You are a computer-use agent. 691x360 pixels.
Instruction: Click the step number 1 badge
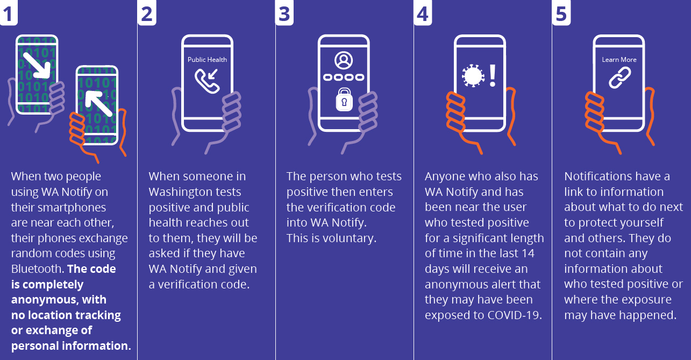pyautogui.click(x=8, y=13)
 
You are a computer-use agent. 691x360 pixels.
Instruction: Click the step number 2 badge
pyautogui.click(x=147, y=13)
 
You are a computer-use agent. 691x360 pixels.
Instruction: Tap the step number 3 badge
pyautogui.click(x=285, y=13)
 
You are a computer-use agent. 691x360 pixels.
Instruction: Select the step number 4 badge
pyautogui.click(x=423, y=13)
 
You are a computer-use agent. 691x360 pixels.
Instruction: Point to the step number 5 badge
pyautogui.click(x=561, y=13)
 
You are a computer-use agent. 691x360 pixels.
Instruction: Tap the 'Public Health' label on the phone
pyautogui.click(x=207, y=60)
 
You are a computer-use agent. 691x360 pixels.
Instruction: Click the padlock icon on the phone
pyautogui.click(x=344, y=100)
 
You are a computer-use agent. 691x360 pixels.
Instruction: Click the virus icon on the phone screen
pyautogui.click(x=473, y=76)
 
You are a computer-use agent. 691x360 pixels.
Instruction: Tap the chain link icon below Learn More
pyautogui.click(x=618, y=78)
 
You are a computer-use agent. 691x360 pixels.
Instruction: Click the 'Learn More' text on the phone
pyautogui.click(x=619, y=60)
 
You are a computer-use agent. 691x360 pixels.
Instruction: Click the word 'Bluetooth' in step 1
pyautogui.click(x=36, y=269)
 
